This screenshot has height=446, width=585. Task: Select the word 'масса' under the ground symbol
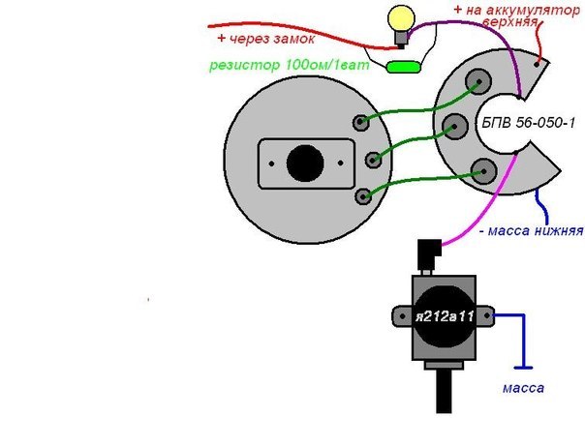point(523,388)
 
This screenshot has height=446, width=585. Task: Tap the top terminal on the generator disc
point(361,123)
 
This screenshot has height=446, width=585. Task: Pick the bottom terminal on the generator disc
point(363,195)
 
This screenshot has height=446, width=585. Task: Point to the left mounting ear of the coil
point(400,315)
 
